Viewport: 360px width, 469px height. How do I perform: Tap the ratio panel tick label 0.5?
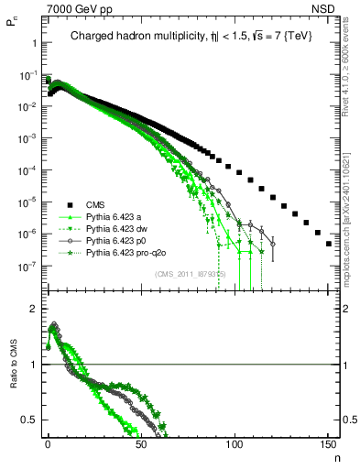tap(28, 420)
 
